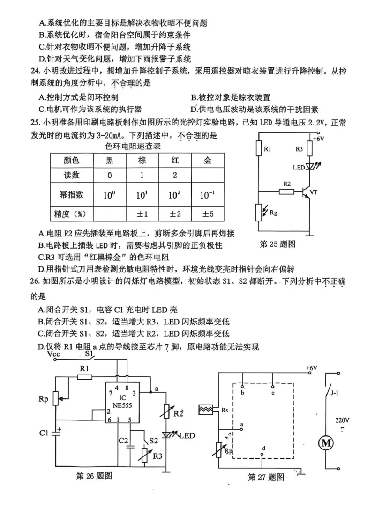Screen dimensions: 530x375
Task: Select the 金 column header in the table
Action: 207,160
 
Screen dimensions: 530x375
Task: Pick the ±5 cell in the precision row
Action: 207,214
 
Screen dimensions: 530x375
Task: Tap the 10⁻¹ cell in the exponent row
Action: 207,195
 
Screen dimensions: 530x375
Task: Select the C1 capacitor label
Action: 44,433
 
